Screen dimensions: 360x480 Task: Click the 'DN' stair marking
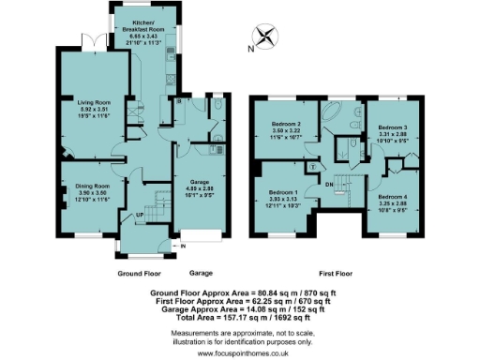pos(328,185)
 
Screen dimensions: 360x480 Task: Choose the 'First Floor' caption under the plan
pos(343,274)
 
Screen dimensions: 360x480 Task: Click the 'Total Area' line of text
pos(239,317)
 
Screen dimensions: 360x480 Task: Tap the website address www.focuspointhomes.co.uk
pos(239,353)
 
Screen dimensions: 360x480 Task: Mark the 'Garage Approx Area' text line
pos(239,308)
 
